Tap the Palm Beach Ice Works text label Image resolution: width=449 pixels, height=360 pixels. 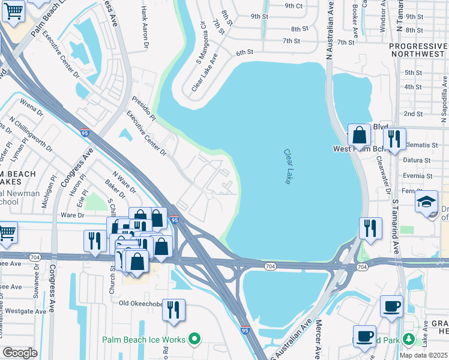click(x=143, y=340)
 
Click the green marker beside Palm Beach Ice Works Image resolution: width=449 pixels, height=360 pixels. click(x=194, y=340)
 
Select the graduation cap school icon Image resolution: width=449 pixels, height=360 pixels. click(x=426, y=201)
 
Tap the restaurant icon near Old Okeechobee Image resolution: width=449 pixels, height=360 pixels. click(x=173, y=310)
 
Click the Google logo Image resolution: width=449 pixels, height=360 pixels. click(x=20, y=353)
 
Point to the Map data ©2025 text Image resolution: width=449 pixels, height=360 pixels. click(x=423, y=355)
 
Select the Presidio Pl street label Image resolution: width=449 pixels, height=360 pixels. click(x=144, y=109)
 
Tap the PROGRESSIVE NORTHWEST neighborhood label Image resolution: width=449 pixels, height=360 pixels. click(x=418, y=50)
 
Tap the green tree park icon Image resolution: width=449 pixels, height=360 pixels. click(x=408, y=340)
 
